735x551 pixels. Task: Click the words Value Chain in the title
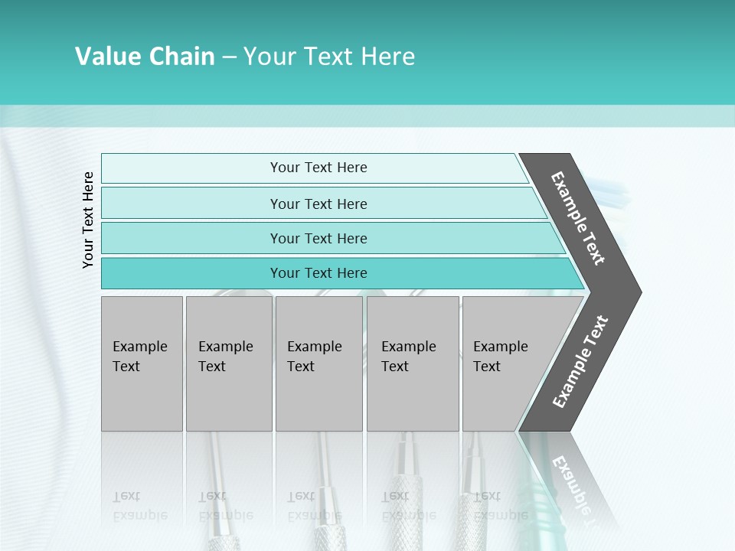[x=145, y=57]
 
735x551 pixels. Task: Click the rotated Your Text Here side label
[x=88, y=220]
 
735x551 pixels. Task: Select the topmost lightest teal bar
[x=191, y=168]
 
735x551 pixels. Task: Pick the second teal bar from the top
[x=191, y=204]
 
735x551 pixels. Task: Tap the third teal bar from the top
[x=191, y=238]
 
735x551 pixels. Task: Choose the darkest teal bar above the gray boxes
[x=191, y=273]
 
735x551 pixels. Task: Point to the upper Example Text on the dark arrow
[x=578, y=218]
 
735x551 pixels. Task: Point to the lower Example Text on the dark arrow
[x=580, y=361]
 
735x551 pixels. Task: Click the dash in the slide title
[x=229, y=57]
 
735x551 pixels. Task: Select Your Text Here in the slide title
[x=329, y=57]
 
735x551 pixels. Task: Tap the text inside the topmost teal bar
[x=318, y=168]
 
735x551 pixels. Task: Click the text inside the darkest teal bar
[x=318, y=273]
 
